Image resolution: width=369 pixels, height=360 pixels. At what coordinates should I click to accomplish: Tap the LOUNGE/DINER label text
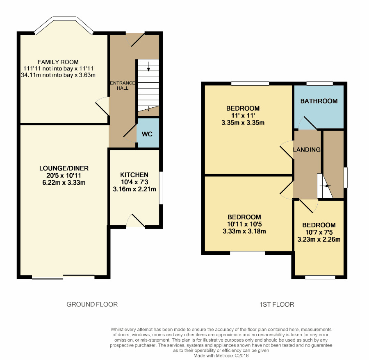(64, 168)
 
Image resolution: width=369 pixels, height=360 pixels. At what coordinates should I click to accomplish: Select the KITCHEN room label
(134, 175)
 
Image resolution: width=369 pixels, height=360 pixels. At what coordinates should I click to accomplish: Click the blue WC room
(148, 134)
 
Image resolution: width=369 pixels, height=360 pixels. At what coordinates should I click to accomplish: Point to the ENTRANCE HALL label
(122, 86)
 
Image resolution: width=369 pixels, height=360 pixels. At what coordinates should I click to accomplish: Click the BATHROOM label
(319, 101)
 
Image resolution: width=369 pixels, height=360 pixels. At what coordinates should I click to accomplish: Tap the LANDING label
(307, 150)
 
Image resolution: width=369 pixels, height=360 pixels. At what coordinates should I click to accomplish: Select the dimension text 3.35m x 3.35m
(243, 122)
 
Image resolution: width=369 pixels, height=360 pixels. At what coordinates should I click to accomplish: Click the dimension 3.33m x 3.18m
(244, 231)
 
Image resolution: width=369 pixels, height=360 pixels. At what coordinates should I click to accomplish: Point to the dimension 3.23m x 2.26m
(319, 240)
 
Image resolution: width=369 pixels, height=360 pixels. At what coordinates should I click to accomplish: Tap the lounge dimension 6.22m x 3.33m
(64, 183)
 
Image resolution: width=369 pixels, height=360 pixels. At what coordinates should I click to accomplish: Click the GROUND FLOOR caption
(92, 304)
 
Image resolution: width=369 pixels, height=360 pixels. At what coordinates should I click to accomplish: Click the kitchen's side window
(161, 187)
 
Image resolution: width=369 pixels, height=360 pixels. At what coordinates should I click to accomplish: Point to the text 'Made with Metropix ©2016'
(221, 356)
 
